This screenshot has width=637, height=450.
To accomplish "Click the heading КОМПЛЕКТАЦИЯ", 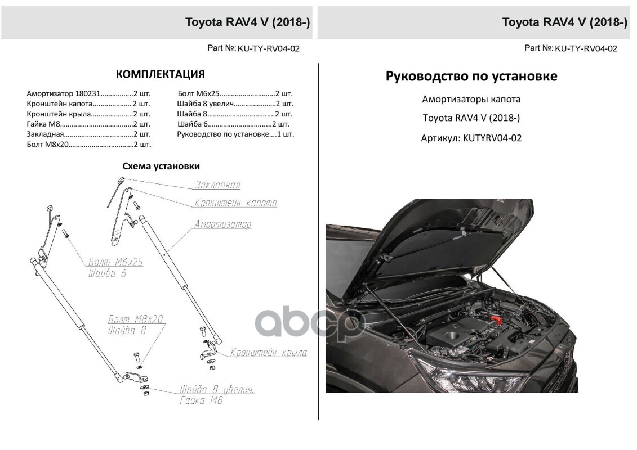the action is point(160,74).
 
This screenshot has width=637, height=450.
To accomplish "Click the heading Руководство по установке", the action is point(471,76).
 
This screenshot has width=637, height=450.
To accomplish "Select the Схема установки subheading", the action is point(161,166).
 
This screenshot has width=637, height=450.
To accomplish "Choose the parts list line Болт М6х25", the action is point(235,93).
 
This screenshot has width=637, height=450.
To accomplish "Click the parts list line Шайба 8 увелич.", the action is point(235,103).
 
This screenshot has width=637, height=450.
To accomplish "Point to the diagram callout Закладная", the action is point(218,184).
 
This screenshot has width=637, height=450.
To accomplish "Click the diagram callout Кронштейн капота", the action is point(235,203).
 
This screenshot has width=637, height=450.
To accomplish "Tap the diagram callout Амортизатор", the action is point(222,224).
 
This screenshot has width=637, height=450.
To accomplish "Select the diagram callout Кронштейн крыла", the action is point(268,353).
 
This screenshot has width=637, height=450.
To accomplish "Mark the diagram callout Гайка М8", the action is point(201,401).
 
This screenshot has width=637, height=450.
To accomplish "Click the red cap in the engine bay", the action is point(498,318).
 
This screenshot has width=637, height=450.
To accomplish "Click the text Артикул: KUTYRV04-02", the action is point(471,137).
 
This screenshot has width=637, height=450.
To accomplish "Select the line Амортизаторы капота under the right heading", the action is point(471,100).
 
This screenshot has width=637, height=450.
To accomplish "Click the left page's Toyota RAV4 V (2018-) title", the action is point(248,22).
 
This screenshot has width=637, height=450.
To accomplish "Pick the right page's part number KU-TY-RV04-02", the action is point(586,48).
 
